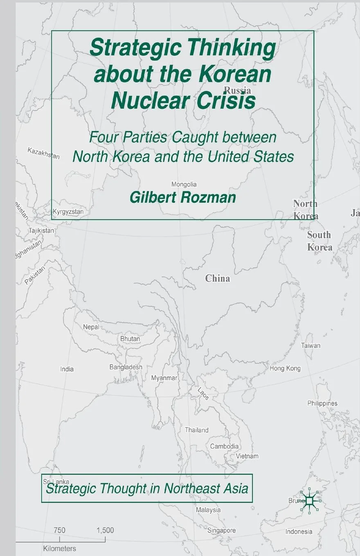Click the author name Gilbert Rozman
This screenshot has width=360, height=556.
click(183, 197)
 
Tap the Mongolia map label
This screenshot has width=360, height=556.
click(184, 184)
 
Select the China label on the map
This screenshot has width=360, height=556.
click(217, 278)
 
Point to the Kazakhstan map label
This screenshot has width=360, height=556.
click(43, 153)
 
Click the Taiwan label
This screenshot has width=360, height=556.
click(310, 345)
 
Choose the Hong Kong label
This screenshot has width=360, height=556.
click(285, 368)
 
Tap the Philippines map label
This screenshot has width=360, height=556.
click(322, 403)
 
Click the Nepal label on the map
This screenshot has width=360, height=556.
click(91, 327)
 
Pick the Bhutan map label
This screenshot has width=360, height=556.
click(130, 339)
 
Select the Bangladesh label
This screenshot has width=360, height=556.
click(126, 367)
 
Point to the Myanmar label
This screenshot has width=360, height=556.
click(164, 378)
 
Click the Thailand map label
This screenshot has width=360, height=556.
click(196, 430)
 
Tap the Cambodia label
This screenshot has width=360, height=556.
click(224, 446)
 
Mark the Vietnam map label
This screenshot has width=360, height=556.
click(247, 456)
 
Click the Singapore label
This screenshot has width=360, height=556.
click(221, 530)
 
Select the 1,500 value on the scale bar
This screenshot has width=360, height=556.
click(105, 530)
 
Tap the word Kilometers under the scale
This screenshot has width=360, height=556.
click(59, 549)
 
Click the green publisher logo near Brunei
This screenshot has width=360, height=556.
click(310, 500)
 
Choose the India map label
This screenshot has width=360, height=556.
click(67, 369)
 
